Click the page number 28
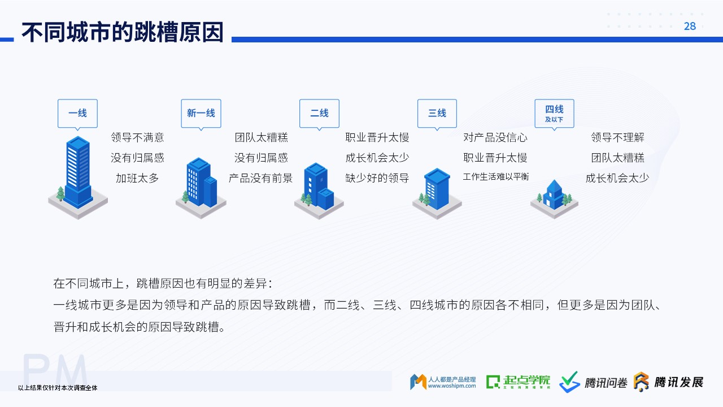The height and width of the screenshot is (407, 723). pyautogui.click(x=690, y=26)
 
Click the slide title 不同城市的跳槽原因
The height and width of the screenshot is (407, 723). pyautogui.click(x=123, y=32)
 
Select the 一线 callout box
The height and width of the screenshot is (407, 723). pyautogui.click(x=77, y=113)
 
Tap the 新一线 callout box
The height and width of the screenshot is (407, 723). pyautogui.click(x=201, y=113)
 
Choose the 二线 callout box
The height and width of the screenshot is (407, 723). pyautogui.click(x=319, y=113)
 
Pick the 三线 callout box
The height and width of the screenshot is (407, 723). pyautogui.click(x=437, y=113)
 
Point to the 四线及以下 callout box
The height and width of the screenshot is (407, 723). pyautogui.click(x=554, y=113)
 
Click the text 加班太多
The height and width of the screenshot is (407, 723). pyautogui.click(x=137, y=178)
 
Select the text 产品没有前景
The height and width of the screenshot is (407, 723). pyautogui.click(x=260, y=178)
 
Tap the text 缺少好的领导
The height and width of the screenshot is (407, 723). pyautogui.click(x=377, y=178)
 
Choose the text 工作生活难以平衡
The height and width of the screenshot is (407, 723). pyautogui.click(x=496, y=177)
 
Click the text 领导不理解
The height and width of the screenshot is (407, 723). pyautogui.click(x=617, y=137)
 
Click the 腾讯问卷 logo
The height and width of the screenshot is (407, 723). pyautogui.click(x=593, y=382)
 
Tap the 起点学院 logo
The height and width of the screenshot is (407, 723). pyautogui.click(x=518, y=382)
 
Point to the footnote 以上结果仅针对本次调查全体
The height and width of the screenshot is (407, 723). pyautogui.click(x=58, y=388)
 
